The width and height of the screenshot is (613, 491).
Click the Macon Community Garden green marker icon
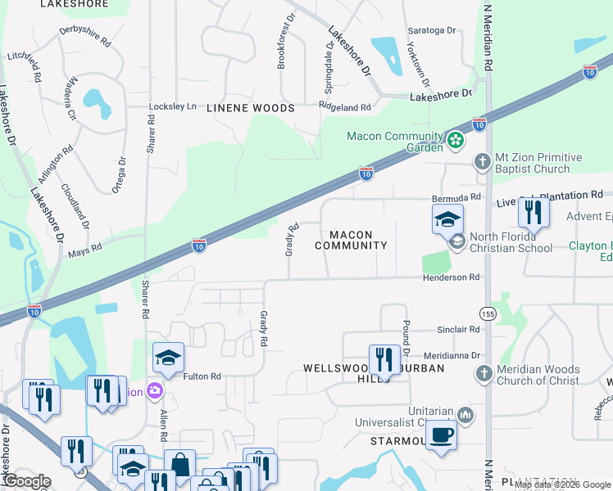(x=456, y=141)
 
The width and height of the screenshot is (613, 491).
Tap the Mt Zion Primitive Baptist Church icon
(x=484, y=161)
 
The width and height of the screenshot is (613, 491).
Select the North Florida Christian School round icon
(x=456, y=241)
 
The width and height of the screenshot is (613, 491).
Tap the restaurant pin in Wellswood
(x=383, y=358)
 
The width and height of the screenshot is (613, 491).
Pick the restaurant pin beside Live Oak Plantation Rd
(x=534, y=213)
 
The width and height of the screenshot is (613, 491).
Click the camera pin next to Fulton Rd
(x=154, y=391)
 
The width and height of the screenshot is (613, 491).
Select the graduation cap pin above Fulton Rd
(x=168, y=358)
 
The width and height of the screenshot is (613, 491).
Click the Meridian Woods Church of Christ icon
(x=484, y=374)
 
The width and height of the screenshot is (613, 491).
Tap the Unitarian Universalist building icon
(x=465, y=416)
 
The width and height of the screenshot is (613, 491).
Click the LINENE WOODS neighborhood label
(x=250, y=108)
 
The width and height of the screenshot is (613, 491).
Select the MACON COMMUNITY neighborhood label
(x=351, y=240)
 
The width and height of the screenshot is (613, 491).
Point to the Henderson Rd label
(x=450, y=278)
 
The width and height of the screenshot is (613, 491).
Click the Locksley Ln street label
(x=173, y=106)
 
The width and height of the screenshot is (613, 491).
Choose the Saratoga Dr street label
(x=432, y=30)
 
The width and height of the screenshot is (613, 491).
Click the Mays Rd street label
(x=84, y=246)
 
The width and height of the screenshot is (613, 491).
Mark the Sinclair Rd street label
(x=457, y=330)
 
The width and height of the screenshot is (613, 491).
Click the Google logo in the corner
(x=26, y=480)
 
